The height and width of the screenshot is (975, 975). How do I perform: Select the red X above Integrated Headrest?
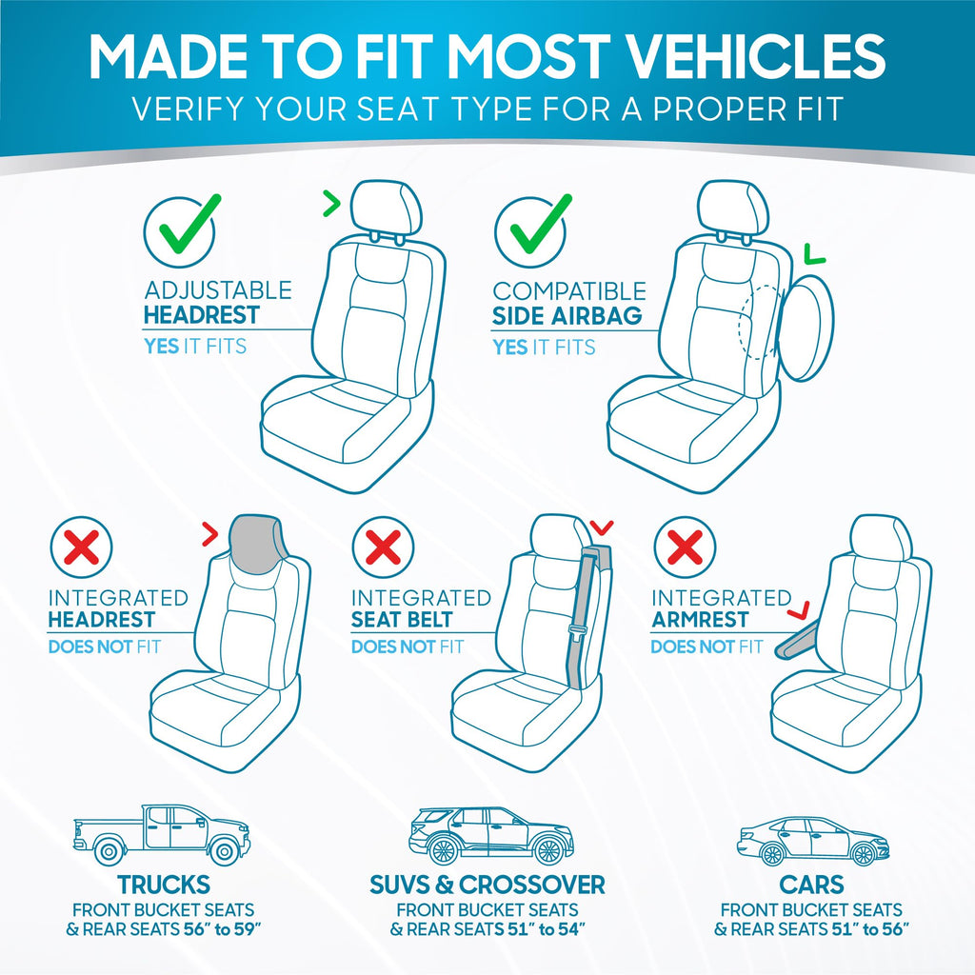pyautogui.click(x=82, y=547)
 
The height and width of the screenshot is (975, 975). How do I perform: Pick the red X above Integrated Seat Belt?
pyautogui.click(x=383, y=547)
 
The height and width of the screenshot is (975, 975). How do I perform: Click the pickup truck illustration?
pyautogui.click(x=161, y=833)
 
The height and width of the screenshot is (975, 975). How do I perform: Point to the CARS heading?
pyautogui.click(x=811, y=884)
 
